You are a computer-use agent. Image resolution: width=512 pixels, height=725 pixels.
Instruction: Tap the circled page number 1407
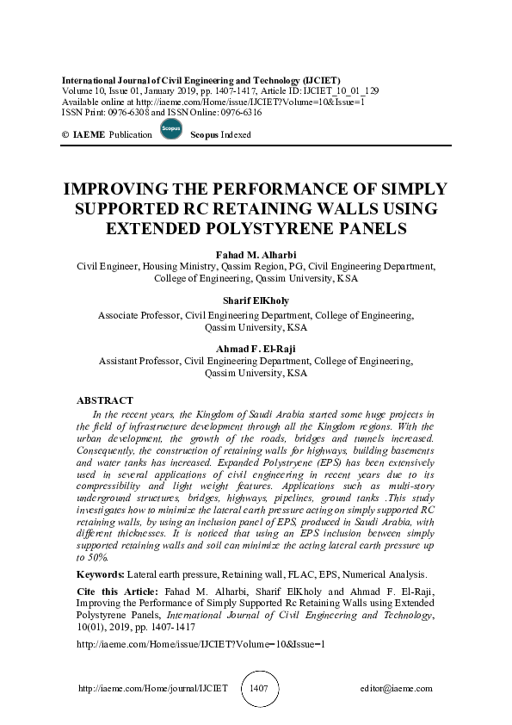(x=258, y=689)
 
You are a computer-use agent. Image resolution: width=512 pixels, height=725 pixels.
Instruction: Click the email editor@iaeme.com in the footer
(x=397, y=689)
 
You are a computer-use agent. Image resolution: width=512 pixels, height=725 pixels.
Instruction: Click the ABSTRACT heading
(x=105, y=400)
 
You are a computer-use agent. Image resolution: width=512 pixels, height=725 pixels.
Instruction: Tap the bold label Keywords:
(x=100, y=573)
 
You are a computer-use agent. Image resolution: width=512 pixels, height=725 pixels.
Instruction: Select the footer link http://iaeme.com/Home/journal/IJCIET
(x=153, y=689)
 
